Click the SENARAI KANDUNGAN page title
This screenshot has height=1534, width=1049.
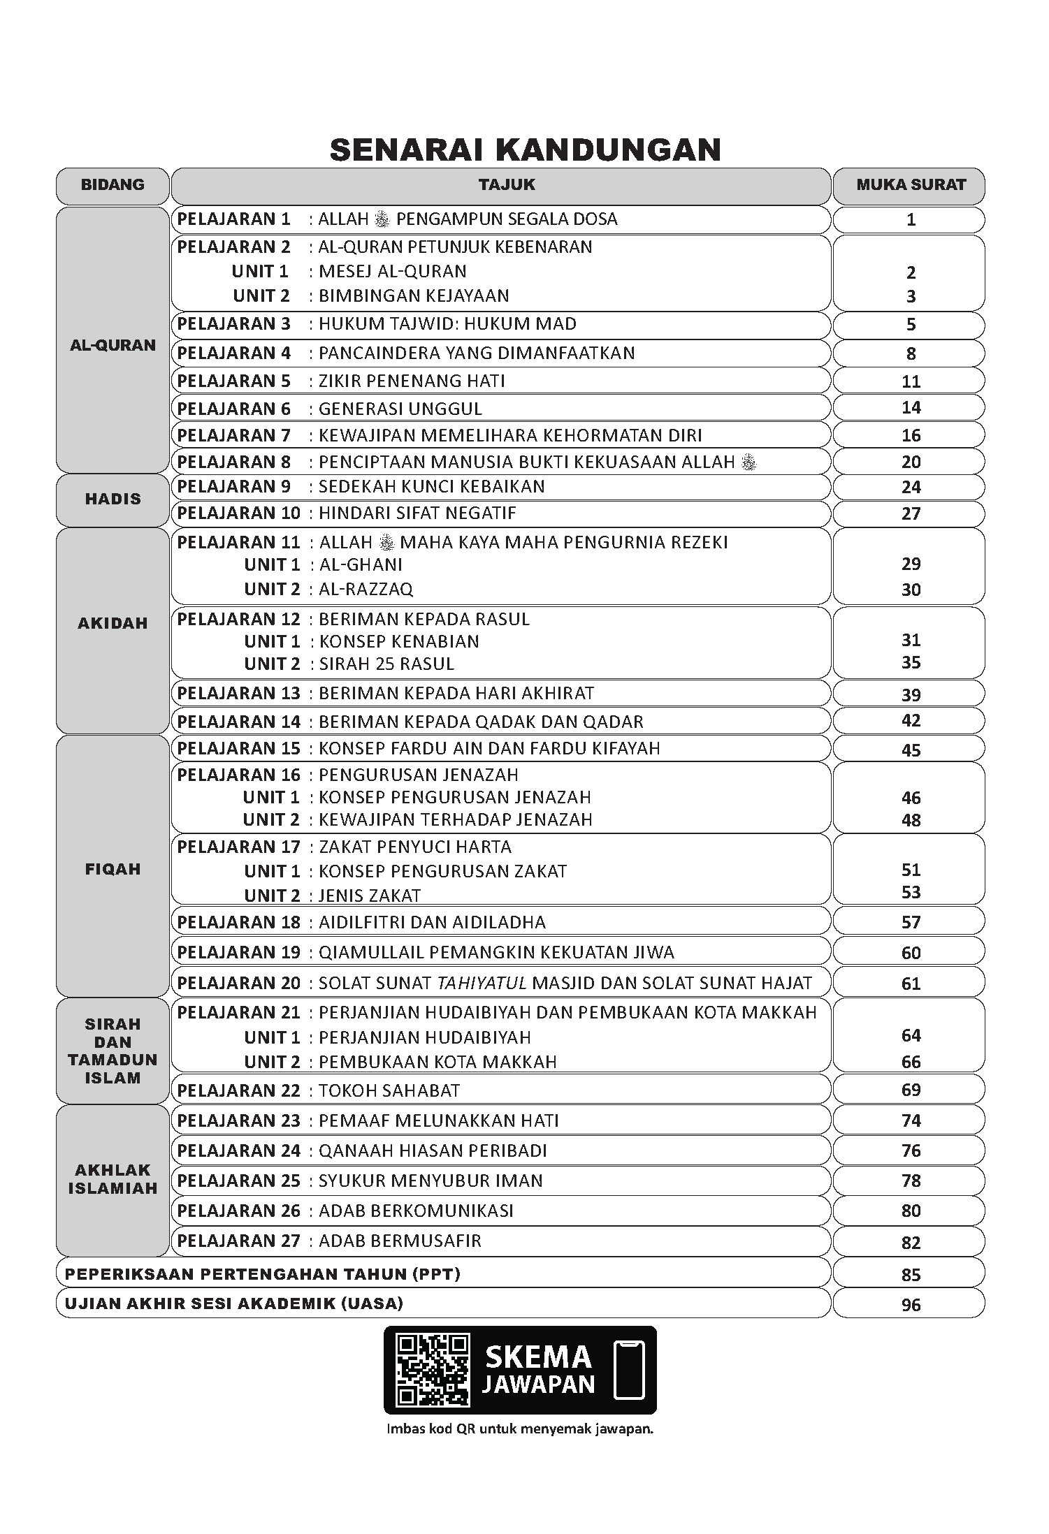[525, 149]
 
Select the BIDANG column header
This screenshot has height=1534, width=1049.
[113, 185]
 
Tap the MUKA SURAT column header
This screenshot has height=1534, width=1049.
[911, 185]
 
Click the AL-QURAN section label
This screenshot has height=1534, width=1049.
[113, 345]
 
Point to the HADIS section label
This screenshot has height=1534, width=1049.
[113, 499]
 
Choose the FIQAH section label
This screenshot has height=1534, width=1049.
[113, 869]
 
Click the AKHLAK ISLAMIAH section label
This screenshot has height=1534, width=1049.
[113, 1179]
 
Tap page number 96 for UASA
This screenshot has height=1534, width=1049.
[911, 1305]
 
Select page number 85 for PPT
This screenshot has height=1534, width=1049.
[911, 1275]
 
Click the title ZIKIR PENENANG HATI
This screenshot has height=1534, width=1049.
[412, 381]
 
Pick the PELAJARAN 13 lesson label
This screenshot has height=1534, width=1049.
[238, 694]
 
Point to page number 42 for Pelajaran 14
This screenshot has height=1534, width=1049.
[911, 720]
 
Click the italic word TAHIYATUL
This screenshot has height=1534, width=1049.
[482, 984]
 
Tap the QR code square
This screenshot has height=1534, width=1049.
[432, 1370]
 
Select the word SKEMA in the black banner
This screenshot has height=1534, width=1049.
[538, 1357]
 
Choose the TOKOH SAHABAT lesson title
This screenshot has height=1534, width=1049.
[389, 1090]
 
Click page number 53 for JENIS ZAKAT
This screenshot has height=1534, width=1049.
[911, 892]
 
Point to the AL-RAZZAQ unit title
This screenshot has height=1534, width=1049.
[366, 590]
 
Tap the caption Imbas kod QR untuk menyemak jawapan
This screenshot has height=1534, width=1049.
[520, 1429]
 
